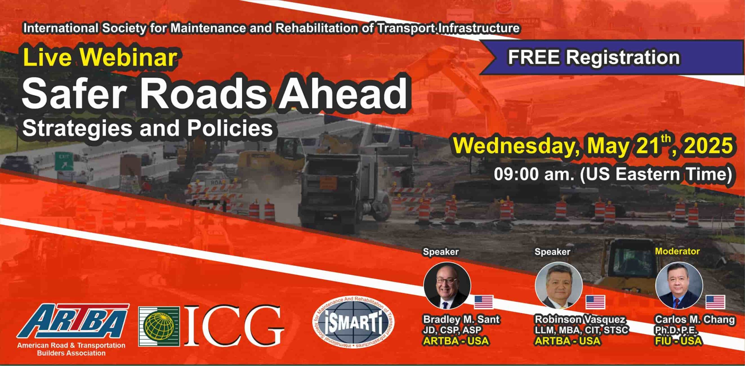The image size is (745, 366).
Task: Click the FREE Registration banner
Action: coord(611,57)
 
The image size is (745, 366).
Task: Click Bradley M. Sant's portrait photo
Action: coord(447,285)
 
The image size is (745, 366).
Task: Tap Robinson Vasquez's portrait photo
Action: coord(559,285)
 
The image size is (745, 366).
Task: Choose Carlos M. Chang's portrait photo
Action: coord(679,285)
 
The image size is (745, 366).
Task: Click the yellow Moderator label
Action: coord(677,251)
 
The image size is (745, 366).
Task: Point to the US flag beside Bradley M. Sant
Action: coord(484,302)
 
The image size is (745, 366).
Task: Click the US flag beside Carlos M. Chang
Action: coord(715,302)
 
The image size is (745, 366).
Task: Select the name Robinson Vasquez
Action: coord(580,319)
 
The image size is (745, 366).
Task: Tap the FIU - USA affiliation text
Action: coord(678,341)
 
